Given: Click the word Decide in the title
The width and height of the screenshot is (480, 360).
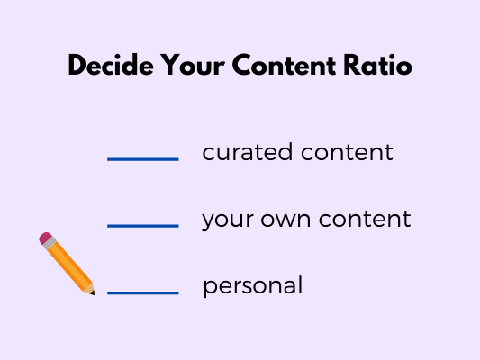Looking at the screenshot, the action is (111, 65).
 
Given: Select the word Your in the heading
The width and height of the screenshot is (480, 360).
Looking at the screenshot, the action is (193, 65).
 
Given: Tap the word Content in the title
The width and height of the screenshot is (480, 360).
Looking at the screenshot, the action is (284, 65).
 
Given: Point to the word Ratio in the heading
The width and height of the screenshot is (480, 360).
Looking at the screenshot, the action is (377, 65).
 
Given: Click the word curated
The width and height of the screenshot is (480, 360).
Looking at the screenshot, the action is (248, 152).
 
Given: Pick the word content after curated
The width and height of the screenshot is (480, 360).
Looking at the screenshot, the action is (347, 152).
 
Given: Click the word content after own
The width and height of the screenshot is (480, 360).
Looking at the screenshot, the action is (365, 219).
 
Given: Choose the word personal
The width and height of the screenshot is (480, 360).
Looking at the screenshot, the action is (253, 286).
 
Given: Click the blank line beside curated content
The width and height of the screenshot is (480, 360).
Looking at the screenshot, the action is (143, 159).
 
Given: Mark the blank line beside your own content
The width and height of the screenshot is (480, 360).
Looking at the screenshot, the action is (143, 226).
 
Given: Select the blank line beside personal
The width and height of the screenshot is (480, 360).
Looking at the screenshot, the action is (143, 292).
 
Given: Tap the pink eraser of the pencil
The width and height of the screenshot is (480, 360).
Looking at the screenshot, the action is (45, 238).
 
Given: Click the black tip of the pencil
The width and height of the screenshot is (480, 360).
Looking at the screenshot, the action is (93, 293).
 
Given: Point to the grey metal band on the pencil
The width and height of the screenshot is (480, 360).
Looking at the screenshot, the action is (50, 243).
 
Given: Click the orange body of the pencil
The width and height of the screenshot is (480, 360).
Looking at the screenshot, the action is (68, 265).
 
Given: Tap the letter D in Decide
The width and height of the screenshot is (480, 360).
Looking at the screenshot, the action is (77, 65).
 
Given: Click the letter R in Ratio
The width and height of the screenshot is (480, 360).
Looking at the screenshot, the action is (352, 65).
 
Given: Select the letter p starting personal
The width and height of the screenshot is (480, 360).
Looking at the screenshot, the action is (210, 288).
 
